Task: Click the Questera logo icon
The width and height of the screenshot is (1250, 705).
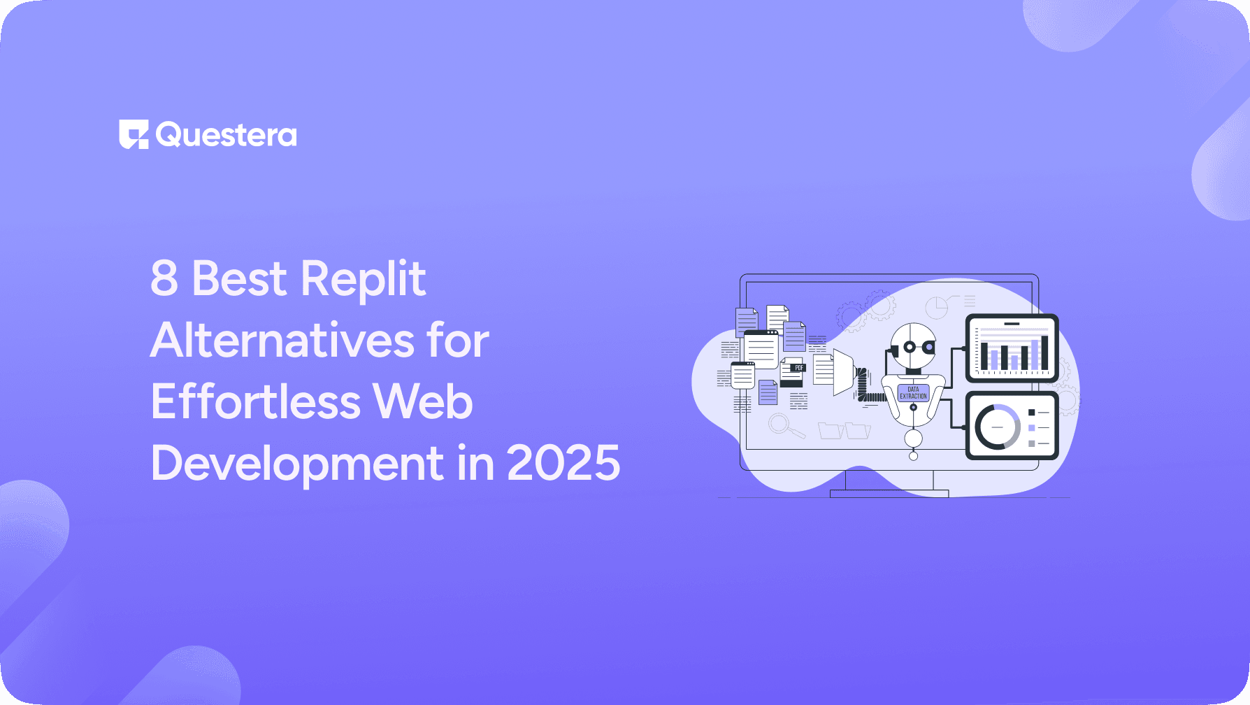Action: pyautogui.click(x=134, y=134)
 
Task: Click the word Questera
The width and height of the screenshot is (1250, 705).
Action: pyautogui.click(x=227, y=134)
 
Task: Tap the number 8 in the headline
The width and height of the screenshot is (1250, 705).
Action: pyautogui.click(x=164, y=278)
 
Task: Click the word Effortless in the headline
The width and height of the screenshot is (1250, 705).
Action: pyautogui.click(x=255, y=402)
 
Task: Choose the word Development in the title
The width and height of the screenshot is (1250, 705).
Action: pyautogui.click(x=297, y=464)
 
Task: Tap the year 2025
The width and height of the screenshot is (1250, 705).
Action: pyautogui.click(x=563, y=464)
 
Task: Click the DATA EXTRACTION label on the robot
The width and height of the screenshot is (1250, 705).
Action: pyautogui.click(x=913, y=392)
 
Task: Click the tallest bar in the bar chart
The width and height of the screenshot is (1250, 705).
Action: pyautogui.click(x=1044, y=352)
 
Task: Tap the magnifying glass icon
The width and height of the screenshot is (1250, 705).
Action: pyautogui.click(x=782, y=424)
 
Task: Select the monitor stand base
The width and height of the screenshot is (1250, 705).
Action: pyautogui.click(x=889, y=494)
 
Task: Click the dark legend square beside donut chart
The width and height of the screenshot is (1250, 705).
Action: pyautogui.click(x=1031, y=413)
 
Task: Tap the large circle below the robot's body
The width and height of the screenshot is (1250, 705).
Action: pyautogui.click(x=913, y=439)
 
